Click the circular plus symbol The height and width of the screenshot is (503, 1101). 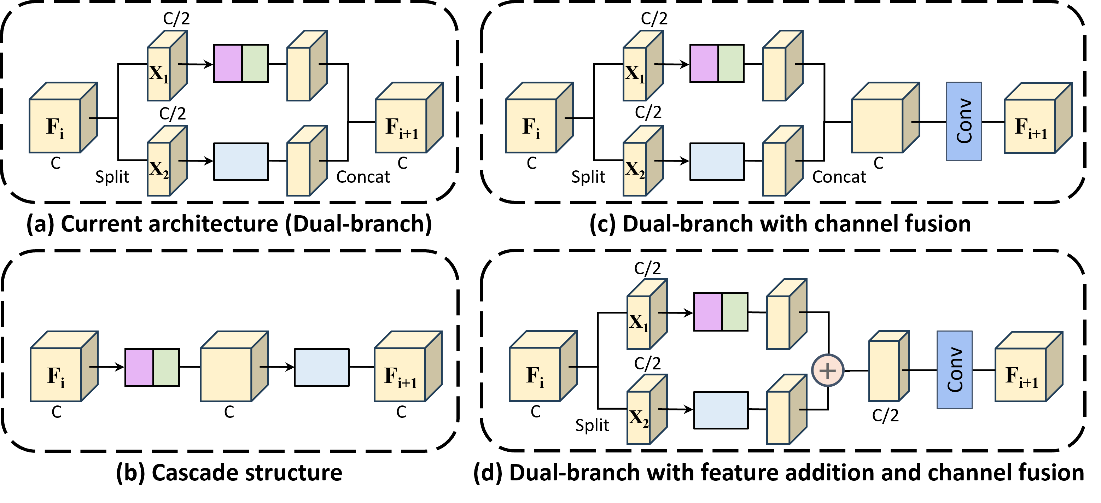click(x=828, y=370)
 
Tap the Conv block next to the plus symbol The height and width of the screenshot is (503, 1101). click(x=954, y=370)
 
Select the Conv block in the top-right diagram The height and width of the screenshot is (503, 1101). click(x=963, y=121)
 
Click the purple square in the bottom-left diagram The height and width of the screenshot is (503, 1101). click(x=139, y=368)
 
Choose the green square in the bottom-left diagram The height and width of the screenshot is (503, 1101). click(x=166, y=368)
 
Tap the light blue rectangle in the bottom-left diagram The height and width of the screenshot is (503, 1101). click(x=321, y=368)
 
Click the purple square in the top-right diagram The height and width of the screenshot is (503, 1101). click(x=704, y=63)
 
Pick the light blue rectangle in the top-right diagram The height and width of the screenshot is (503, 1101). click(x=717, y=162)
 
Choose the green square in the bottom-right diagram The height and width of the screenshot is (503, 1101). click(x=735, y=312)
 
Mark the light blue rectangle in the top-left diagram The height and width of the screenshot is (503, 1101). click(x=241, y=162)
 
